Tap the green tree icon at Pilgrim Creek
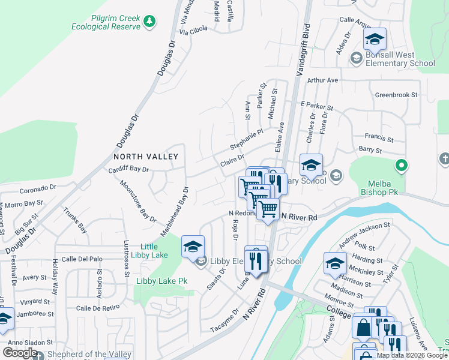tap(149, 22)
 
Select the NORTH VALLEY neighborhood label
tap(146, 157)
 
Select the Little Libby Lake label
tap(149, 251)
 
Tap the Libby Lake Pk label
tap(161, 281)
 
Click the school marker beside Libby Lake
tap(193, 247)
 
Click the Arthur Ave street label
tap(323, 80)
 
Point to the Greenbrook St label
tap(396, 95)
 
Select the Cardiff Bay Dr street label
tap(128, 169)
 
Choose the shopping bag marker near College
tap(364, 328)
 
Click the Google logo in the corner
tap(20, 353)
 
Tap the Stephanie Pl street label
tap(247, 140)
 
